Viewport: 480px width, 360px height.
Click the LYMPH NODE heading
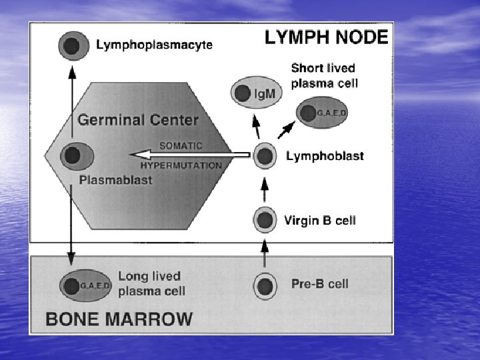click(326, 37)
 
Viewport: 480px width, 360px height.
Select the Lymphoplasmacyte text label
click(154, 45)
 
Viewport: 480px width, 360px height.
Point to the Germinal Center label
click(138, 121)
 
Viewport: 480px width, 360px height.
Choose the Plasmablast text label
click(115, 180)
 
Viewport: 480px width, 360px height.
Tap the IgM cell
click(256, 94)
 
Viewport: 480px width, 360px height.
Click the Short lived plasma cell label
click(325, 75)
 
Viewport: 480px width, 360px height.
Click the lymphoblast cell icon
click(265, 156)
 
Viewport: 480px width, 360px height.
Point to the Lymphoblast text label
click(325, 156)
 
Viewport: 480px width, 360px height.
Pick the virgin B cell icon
click(265, 220)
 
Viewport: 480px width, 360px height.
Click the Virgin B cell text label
click(320, 220)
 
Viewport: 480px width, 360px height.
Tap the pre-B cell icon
click(265, 285)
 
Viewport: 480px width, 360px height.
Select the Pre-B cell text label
click(320, 284)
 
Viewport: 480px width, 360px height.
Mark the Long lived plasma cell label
click(151, 283)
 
